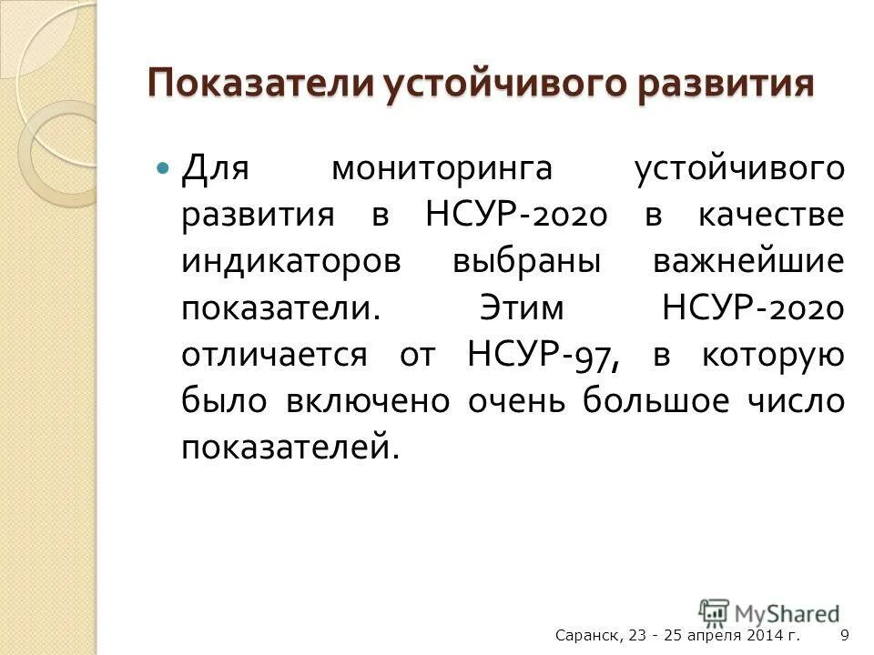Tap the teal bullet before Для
point(163,169)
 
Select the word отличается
point(273,354)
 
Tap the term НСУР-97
point(543,354)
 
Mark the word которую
point(773,354)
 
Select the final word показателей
point(289,447)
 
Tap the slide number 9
point(845,636)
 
